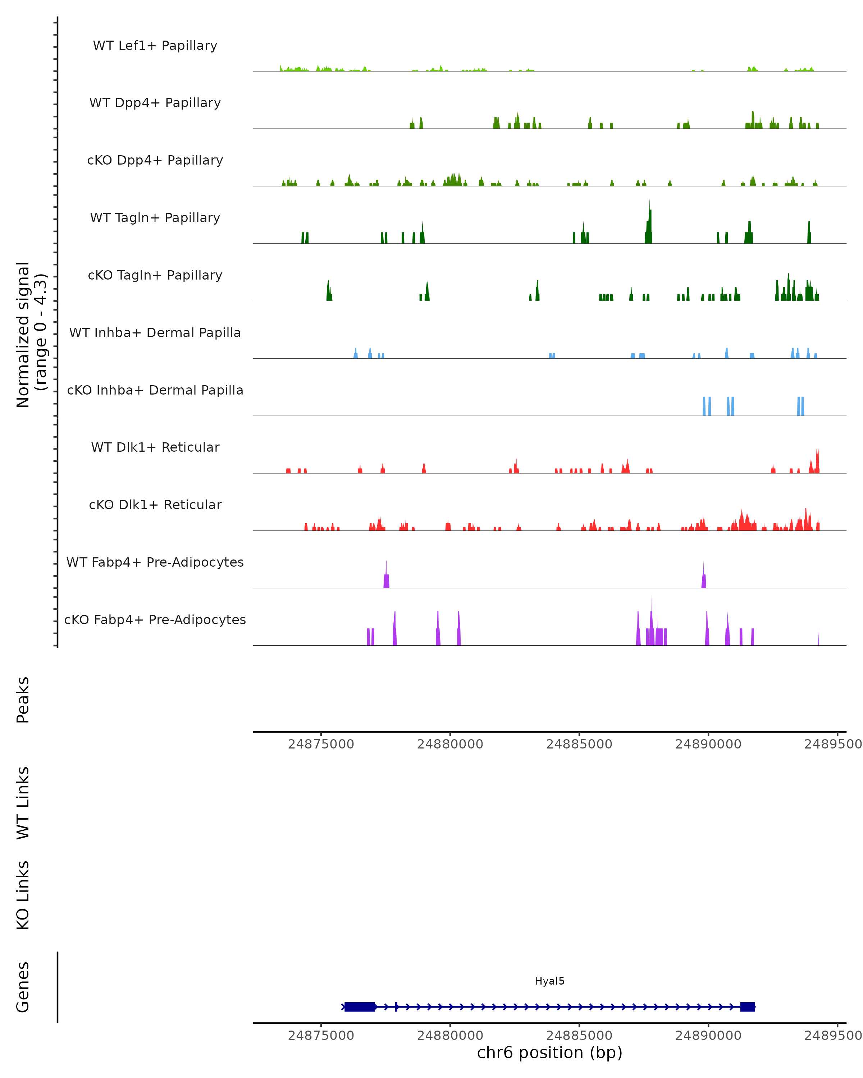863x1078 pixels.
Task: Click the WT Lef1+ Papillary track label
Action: point(155,46)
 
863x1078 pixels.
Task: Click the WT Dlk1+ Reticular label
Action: point(155,447)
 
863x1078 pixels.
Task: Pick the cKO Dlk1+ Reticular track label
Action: point(155,505)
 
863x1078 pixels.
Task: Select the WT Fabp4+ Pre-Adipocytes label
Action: point(155,562)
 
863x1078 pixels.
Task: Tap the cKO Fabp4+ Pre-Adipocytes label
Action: point(155,619)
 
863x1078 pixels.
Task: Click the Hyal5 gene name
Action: point(549,981)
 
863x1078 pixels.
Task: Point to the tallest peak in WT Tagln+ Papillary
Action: point(649,222)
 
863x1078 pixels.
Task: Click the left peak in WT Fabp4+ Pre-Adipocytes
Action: point(386,577)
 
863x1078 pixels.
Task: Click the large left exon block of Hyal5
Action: point(360,1006)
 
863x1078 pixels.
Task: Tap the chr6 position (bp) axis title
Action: point(549,1052)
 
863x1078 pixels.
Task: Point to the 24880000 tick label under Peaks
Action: point(450,744)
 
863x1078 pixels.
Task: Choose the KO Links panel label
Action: point(23,895)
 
